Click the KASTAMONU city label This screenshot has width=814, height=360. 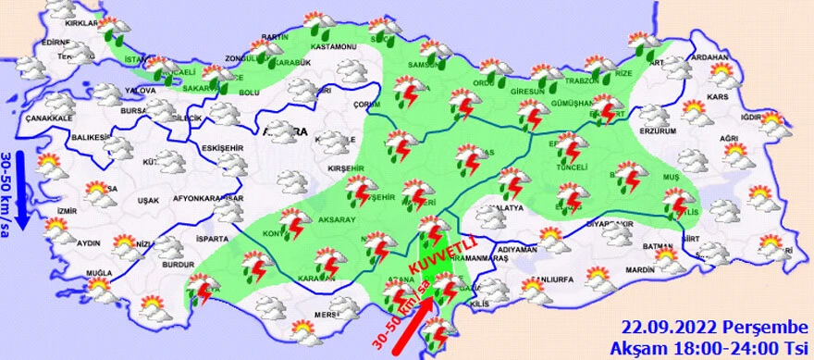[x=333, y=46]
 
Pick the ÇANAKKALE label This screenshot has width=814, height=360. [x=48, y=118]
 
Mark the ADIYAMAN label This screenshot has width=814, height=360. [x=517, y=250]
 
